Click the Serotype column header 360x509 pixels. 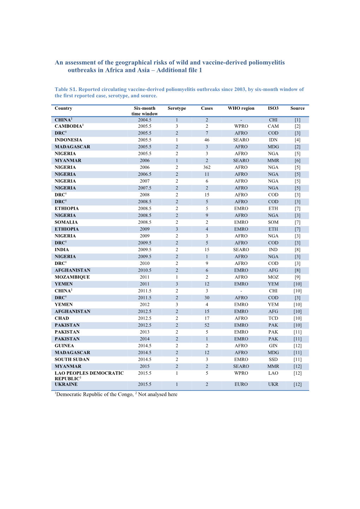click(176, 108)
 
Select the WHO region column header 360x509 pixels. click(241, 108)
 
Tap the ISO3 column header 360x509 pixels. click(273, 108)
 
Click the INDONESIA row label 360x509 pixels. click(68, 140)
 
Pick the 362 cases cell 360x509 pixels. click(207, 168)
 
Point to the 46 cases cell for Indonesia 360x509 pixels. click(207, 140)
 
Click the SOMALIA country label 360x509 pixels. click(66, 222)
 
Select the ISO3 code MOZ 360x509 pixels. click(273, 277)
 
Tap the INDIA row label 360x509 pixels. click(62, 250)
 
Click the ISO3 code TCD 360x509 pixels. click(273, 319)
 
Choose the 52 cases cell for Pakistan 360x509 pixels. click(207, 325)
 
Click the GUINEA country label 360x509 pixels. click(64, 346)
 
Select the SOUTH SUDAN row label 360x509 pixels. click(72, 359)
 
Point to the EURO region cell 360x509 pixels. click(241, 384)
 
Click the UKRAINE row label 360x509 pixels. click(66, 384)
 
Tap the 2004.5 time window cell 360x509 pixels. click(145, 120)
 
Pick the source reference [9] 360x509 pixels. click(298, 277)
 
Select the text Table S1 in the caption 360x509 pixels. click(65, 90)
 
